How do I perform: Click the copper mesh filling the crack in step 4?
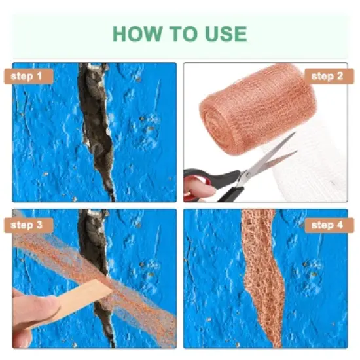[262, 275]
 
